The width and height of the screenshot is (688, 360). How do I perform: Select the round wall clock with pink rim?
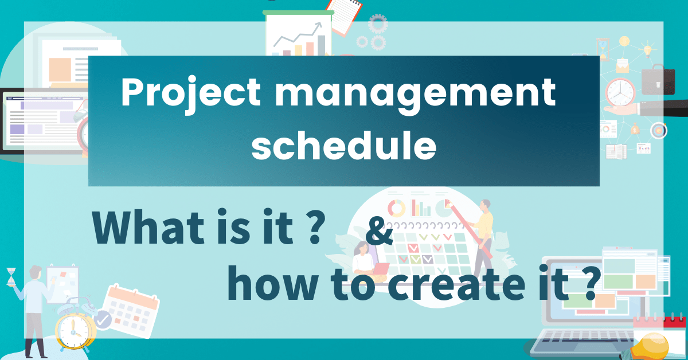click(x=620, y=91)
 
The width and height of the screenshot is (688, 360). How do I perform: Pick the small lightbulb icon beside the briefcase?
click(x=648, y=50)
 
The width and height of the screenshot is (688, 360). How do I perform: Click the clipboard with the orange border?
click(x=345, y=14)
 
